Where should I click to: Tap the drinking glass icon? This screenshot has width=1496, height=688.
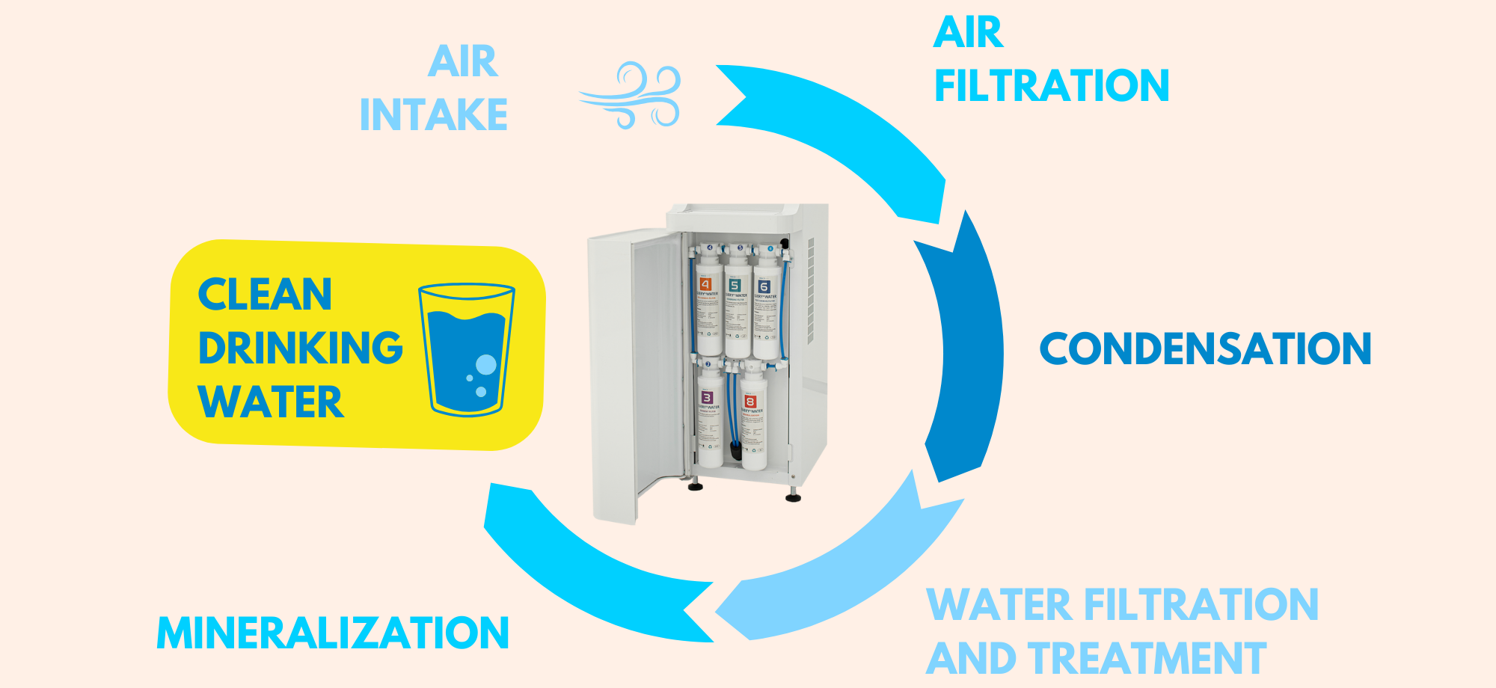coord(467,349)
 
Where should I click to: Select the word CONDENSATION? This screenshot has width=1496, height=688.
coord(1205,349)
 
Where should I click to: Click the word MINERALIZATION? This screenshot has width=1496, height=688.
coord(333,633)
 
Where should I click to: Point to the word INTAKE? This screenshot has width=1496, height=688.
coord(434,115)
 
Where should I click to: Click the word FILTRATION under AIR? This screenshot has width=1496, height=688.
coord(1052,85)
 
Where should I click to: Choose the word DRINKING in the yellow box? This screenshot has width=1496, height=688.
coord(301,348)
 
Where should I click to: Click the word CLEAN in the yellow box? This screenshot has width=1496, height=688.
coord(265,294)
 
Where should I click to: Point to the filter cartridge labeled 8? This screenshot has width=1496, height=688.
coord(752,419)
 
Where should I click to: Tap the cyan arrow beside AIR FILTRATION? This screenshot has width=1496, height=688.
coord(845,127)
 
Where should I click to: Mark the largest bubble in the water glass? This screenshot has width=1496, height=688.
coord(486,365)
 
